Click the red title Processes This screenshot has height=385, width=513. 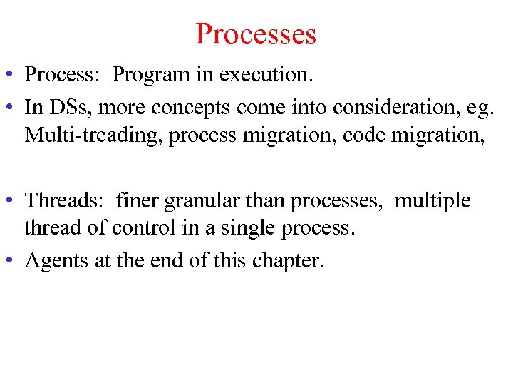(x=256, y=34)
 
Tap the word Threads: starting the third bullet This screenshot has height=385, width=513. (x=66, y=202)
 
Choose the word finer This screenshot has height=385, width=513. (x=138, y=202)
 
